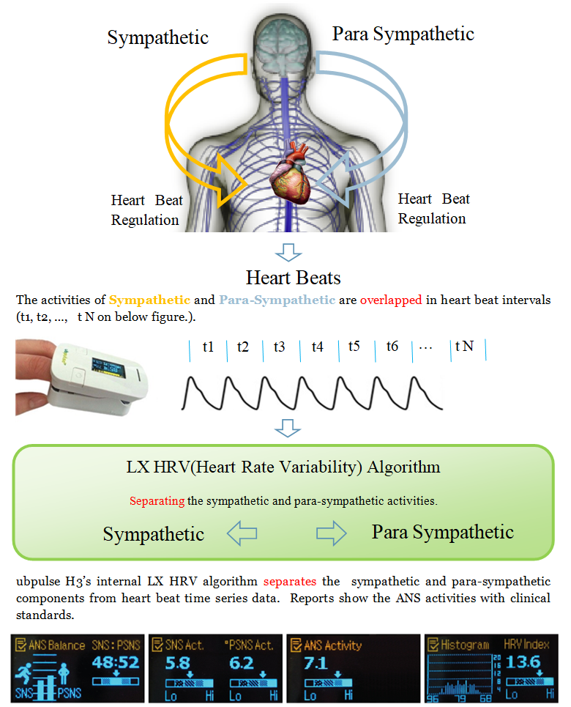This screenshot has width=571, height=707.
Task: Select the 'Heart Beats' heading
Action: pyautogui.click(x=293, y=278)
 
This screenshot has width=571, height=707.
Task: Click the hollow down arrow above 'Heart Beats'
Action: pyautogui.click(x=288, y=252)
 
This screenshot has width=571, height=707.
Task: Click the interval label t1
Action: pyautogui.click(x=209, y=346)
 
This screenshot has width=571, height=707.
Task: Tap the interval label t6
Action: pyautogui.click(x=392, y=346)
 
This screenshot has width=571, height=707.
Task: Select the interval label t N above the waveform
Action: pyautogui.click(x=464, y=346)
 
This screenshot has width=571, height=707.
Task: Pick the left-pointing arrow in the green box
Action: pyautogui.click(x=242, y=533)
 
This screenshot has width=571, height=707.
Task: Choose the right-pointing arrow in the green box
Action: pyautogui.click(x=332, y=533)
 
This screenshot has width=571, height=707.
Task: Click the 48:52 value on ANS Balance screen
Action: pyautogui.click(x=116, y=664)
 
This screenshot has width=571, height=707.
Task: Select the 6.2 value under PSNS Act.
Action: pyautogui.click(x=242, y=664)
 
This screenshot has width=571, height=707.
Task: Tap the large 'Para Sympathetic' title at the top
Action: pyautogui.click(x=403, y=34)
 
